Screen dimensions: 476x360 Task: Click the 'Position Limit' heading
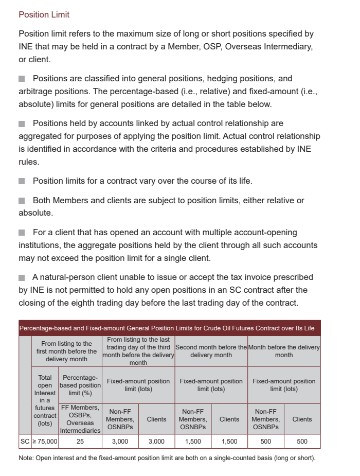(44, 14)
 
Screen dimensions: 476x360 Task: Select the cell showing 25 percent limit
(80, 442)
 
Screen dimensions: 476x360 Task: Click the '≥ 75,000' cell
(45, 442)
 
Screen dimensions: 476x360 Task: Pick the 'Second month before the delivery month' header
(211, 351)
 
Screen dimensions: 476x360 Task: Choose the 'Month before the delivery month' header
(284, 351)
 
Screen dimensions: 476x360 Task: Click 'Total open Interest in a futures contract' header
(45, 399)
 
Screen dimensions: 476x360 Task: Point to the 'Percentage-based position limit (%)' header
(80, 385)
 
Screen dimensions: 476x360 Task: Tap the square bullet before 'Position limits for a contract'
(22, 181)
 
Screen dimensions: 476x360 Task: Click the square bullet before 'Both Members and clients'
(22, 201)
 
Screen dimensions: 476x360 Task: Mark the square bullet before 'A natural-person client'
(22, 277)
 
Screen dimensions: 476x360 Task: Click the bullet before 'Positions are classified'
(22, 79)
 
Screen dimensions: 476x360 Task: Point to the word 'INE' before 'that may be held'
(26, 47)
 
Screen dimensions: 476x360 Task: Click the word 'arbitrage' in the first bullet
(36, 92)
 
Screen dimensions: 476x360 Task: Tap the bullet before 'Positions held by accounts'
(22, 124)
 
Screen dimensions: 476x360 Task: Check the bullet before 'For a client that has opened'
(22, 233)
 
